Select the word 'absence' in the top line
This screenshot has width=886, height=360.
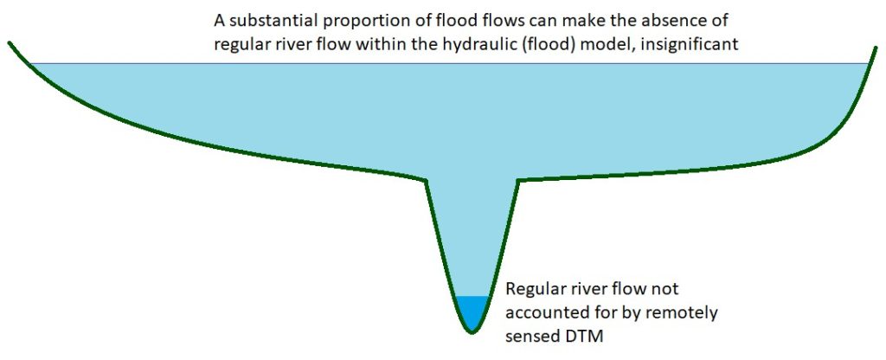[x=635, y=20]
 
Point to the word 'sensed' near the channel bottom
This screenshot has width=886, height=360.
[x=532, y=335]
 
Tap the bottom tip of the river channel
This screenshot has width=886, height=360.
[x=470, y=331]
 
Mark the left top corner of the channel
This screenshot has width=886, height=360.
[x=427, y=180]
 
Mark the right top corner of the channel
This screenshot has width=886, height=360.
[x=517, y=180]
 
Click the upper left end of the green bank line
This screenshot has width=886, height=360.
[x=10, y=42]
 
